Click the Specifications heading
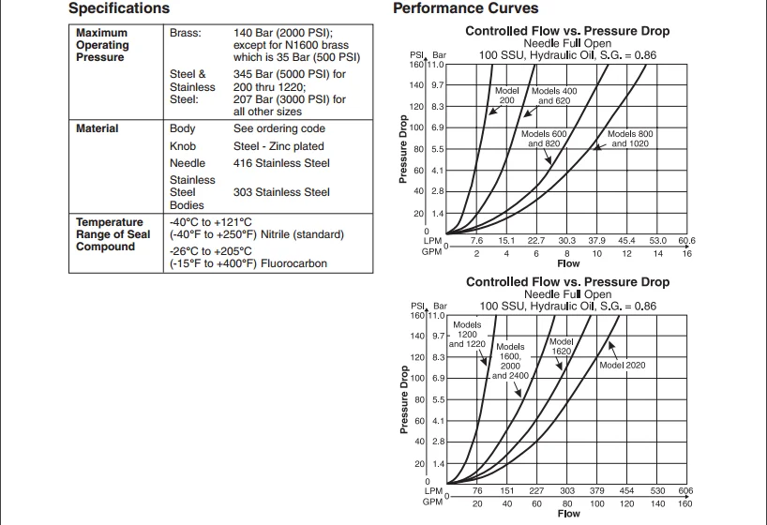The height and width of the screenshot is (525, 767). pos(119,8)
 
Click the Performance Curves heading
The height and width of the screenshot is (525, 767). pos(465,8)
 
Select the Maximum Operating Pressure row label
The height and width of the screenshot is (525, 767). pos(102,45)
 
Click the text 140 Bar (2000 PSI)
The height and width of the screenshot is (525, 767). pos(277,33)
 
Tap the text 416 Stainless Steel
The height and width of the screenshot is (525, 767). pos(281,163)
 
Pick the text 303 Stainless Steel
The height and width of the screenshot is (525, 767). pos(281,192)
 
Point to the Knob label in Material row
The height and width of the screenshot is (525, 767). pos(183,146)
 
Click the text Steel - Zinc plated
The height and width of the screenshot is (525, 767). pos(278,146)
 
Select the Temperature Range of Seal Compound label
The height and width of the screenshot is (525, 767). pos(112,234)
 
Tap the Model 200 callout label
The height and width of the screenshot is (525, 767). pos(506,96)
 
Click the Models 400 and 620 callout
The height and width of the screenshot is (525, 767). pos(554,96)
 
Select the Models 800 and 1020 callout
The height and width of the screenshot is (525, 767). pos(630,139)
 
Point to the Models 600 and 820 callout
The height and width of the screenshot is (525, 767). pos(544,139)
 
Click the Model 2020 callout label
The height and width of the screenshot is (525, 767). pos(622,365)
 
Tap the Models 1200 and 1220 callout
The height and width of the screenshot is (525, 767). pos(467,335)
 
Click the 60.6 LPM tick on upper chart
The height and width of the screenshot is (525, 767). pos(685,241)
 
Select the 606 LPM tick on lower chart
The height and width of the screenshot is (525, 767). pos(685,490)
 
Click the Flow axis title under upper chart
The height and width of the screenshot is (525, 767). pos(568,263)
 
